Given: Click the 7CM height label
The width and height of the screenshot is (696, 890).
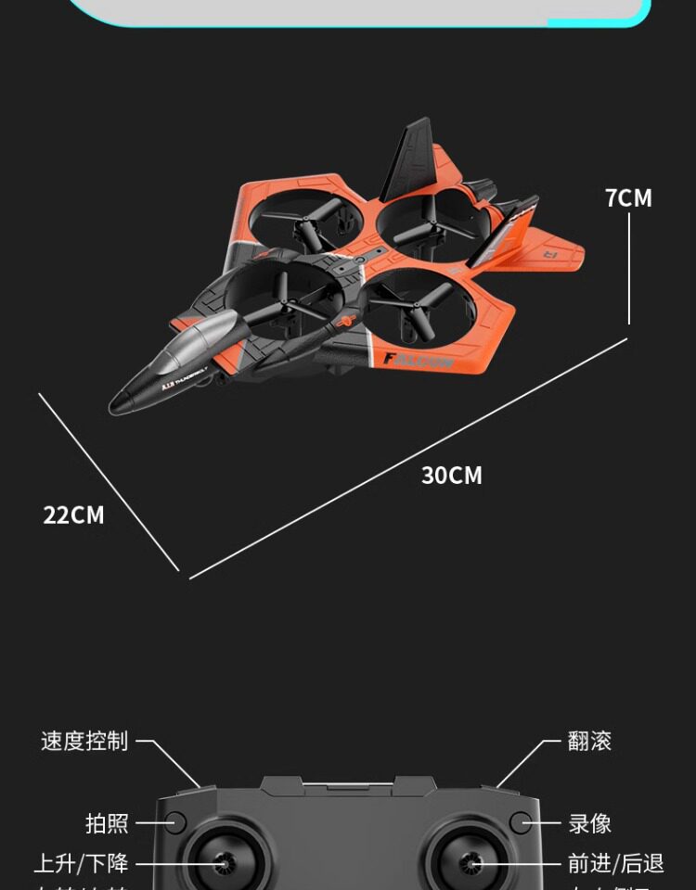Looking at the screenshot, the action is point(628,197).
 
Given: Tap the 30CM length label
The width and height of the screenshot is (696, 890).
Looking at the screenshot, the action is point(452,476).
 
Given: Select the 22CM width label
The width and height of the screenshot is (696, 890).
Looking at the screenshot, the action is point(73,515).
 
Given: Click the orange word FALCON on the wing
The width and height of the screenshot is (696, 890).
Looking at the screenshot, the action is point(419,361).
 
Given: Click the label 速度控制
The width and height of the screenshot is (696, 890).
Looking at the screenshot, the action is point(84,741).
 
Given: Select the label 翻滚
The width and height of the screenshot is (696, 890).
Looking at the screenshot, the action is point(589,741).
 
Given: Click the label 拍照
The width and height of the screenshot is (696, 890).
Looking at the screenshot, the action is point(107,823).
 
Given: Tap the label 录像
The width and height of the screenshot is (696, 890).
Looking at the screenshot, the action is point(589,823).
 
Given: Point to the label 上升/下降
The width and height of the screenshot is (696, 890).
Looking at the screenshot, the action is point(82,864).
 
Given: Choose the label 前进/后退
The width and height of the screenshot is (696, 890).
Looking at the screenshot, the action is point(615,864).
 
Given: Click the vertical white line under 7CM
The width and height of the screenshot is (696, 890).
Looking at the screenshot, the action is point(629,269).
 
